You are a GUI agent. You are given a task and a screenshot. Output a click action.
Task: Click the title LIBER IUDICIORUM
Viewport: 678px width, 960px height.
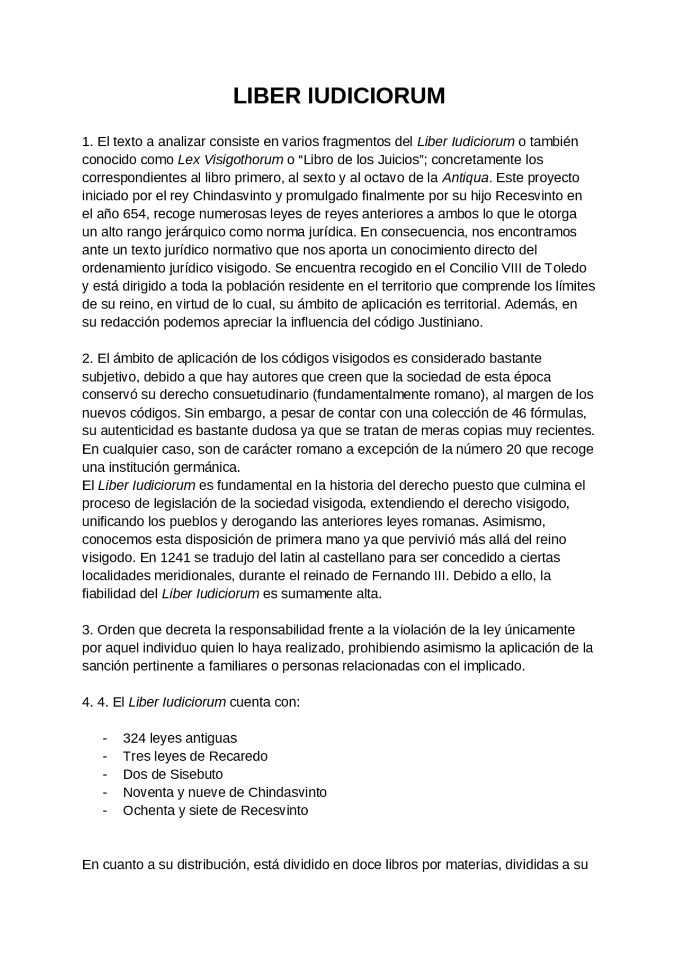pos(339,96)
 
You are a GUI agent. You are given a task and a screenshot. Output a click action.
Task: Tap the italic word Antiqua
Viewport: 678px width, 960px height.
pos(465,178)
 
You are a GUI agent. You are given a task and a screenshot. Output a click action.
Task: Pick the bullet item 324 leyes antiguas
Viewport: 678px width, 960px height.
pos(180,738)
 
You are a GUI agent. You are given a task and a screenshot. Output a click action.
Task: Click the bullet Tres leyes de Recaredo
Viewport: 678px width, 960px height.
pos(195,756)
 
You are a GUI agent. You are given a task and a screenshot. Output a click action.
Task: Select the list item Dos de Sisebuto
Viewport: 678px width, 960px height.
pos(173,774)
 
